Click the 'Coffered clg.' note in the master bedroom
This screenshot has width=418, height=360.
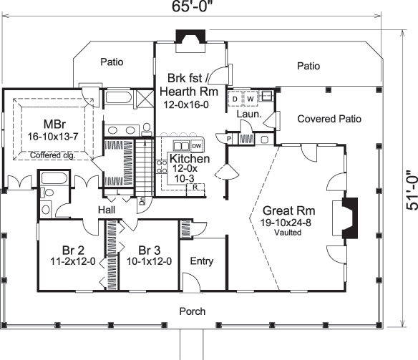point(54,154)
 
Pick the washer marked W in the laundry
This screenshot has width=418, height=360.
point(250,98)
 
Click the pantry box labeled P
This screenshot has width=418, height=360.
point(229,138)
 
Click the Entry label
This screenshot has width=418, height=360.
point(201,261)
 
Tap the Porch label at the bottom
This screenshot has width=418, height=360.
point(192,311)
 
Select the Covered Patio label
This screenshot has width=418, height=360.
point(329,119)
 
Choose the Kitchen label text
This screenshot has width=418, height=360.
point(189,158)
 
